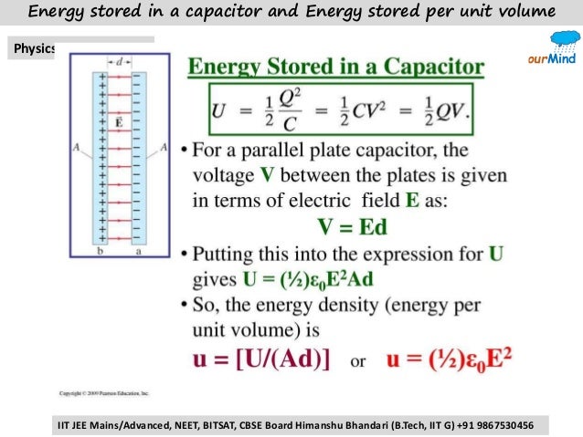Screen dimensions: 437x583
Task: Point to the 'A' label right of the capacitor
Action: point(164,147)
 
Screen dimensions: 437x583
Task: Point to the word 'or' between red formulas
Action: point(358,360)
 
